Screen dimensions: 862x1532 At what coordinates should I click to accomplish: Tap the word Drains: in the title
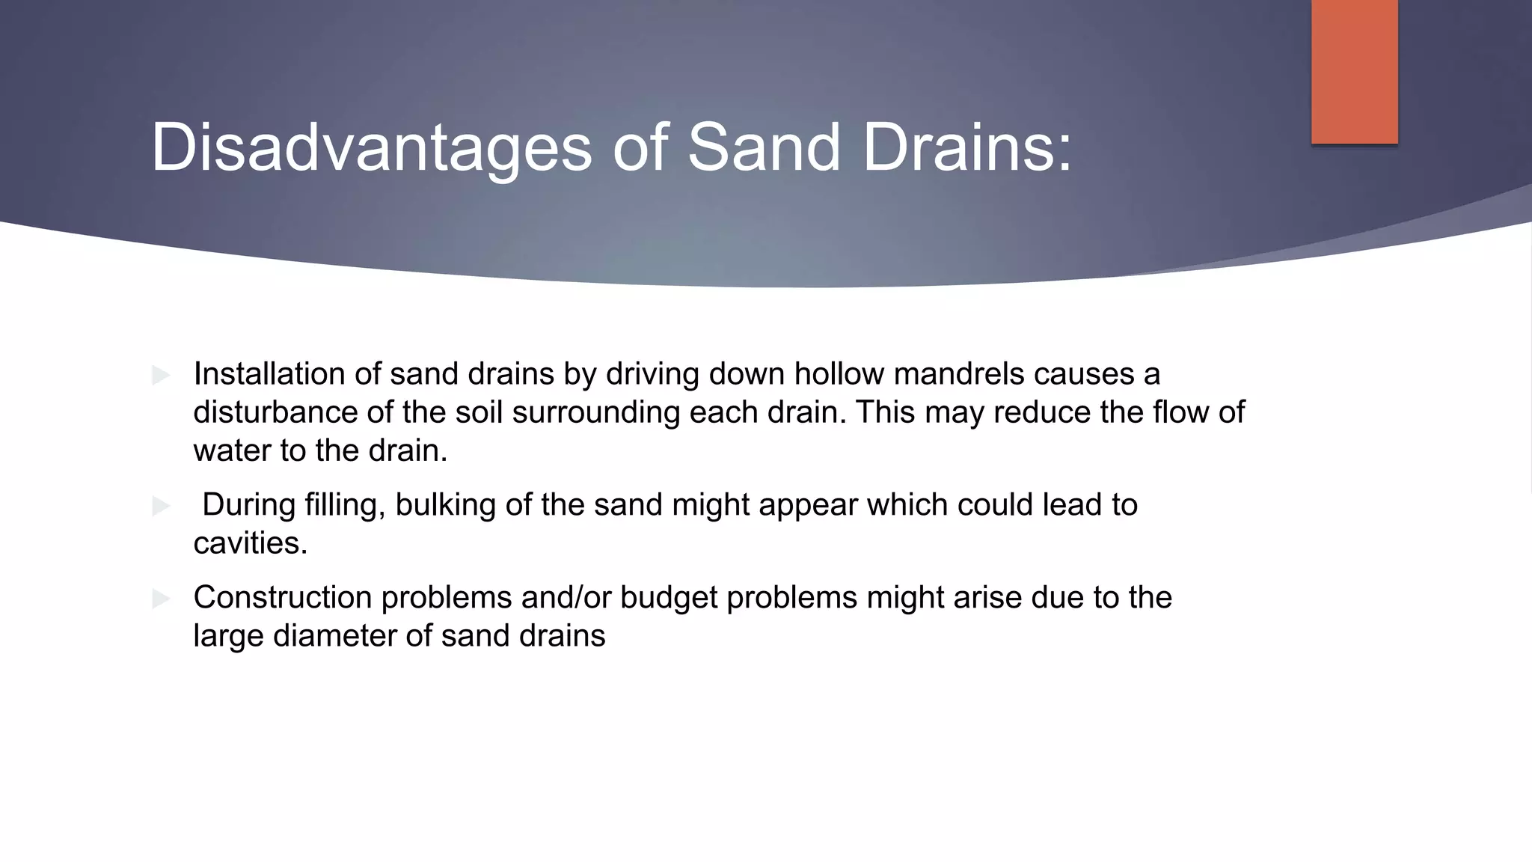coord(966,147)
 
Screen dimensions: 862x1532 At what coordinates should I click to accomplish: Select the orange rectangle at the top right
coord(1354,72)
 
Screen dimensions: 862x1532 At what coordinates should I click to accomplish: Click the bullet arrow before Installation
coord(161,375)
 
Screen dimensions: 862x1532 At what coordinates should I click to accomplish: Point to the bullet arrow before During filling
coord(161,507)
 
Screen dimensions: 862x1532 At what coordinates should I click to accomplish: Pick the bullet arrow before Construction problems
coord(161,599)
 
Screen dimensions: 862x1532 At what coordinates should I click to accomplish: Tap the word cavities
coord(250,543)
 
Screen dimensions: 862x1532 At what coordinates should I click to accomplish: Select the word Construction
coord(282,597)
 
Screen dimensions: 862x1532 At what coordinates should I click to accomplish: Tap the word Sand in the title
coord(764,147)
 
